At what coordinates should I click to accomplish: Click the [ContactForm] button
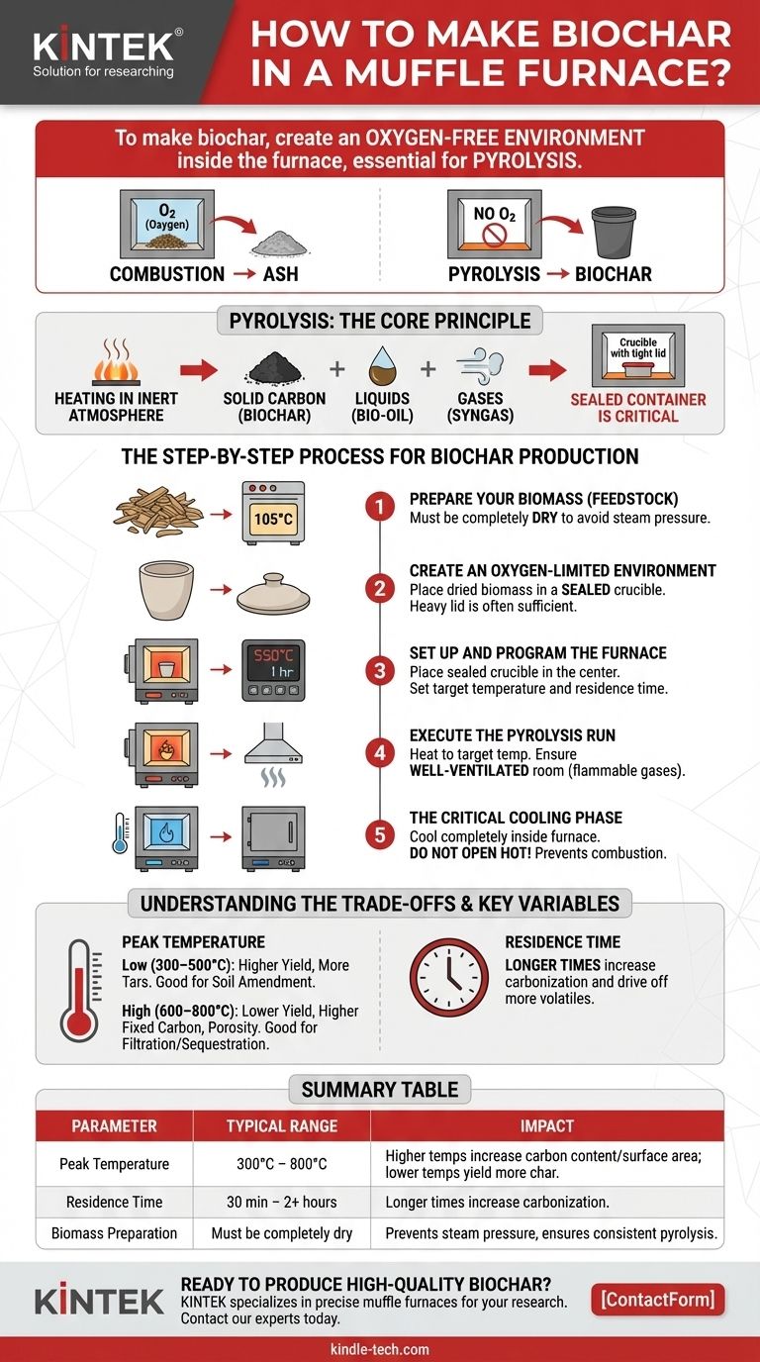click(x=658, y=1300)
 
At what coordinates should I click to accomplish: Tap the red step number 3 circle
click(x=380, y=671)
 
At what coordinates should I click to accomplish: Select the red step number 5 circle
click(x=380, y=834)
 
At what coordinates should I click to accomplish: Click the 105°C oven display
click(x=273, y=519)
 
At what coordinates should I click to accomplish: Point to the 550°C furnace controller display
click(x=273, y=662)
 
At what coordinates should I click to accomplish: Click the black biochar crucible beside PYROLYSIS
click(x=614, y=233)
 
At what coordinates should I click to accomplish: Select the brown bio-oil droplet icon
click(x=382, y=365)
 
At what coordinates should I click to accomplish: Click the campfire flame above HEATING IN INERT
click(x=116, y=362)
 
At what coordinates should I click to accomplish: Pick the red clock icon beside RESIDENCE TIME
click(x=448, y=977)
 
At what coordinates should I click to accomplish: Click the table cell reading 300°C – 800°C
click(x=281, y=1164)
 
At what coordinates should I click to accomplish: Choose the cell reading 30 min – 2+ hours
click(x=281, y=1202)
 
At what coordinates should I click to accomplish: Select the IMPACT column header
click(x=546, y=1126)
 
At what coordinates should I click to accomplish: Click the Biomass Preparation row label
click(x=115, y=1233)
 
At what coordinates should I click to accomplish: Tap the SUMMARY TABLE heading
click(x=380, y=1089)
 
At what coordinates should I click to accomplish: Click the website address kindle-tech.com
click(x=380, y=1349)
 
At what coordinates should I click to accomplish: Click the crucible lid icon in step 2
click(x=273, y=594)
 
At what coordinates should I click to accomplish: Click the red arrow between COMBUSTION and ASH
click(x=243, y=274)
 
